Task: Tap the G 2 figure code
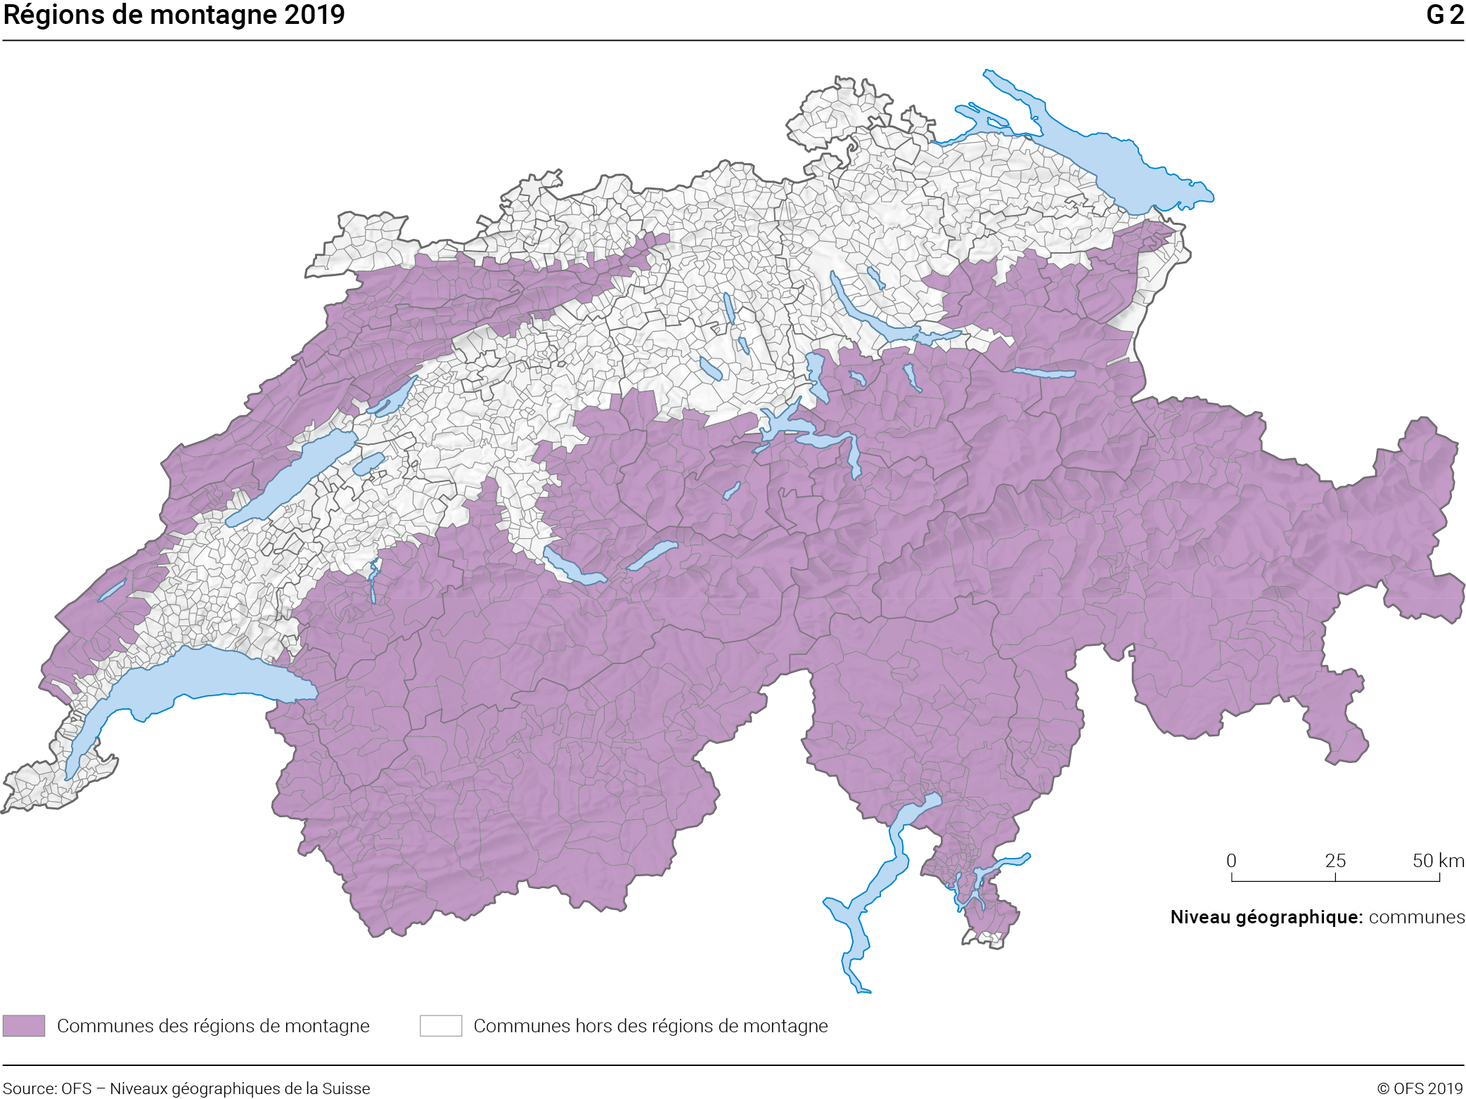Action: coord(1444,15)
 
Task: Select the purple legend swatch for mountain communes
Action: coord(24,1025)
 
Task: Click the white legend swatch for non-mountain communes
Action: coord(441,1025)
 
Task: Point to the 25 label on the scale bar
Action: coord(1335,861)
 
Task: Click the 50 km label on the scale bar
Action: coord(1438,861)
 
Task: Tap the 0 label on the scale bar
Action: coord(1231,861)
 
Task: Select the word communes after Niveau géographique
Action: coord(1416,917)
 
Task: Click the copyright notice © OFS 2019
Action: coord(1420,1088)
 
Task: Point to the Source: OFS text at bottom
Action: coord(48,1088)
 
